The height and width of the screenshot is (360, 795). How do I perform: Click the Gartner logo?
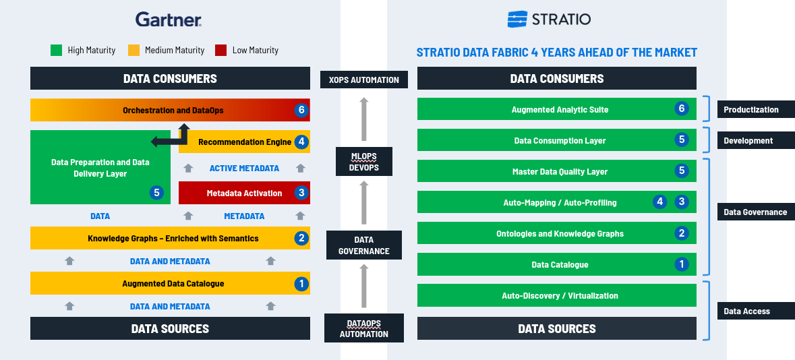pyautogui.click(x=169, y=20)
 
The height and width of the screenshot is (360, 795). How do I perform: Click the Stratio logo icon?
pyautogui.click(x=517, y=20)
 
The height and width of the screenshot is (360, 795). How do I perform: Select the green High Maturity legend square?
pyautogui.click(x=56, y=50)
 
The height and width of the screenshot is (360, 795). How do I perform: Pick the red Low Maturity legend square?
pyautogui.click(x=220, y=50)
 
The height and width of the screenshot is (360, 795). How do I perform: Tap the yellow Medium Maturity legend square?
pyautogui.click(x=134, y=50)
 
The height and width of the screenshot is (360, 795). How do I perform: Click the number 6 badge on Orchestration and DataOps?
pyautogui.click(x=301, y=111)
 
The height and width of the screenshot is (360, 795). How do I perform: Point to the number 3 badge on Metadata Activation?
pyautogui.click(x=301, y=193)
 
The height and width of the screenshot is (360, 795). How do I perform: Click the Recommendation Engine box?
pyautogui.click(x=244, y=142)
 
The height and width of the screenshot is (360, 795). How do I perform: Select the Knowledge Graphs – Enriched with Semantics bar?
pyautogui.click(x=171, y=238)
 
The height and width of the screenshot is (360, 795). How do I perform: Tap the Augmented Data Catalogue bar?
pyautogui.click(x=171, y=283)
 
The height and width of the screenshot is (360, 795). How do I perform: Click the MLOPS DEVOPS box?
pyautogui.click(x=364, y=161)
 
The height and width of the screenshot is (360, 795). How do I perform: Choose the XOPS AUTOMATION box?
pyautogui.click(x=364, y=80)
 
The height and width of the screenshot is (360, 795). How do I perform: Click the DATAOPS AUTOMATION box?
pyautogui.click(x=364, y=328)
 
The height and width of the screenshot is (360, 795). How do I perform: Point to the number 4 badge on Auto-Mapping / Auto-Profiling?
pyautogui.click(x=659, y=202)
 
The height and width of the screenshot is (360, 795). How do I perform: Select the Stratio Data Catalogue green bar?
pyautogui.click(x=557, y=265)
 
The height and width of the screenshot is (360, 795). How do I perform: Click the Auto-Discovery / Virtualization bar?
pyautogui.click(x=557, y=295)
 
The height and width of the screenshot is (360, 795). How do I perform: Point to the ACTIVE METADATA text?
pyautogui.click(x=244, y=169)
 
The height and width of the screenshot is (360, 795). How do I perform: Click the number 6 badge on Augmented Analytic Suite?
pyautogui.click(x=682, y=109)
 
